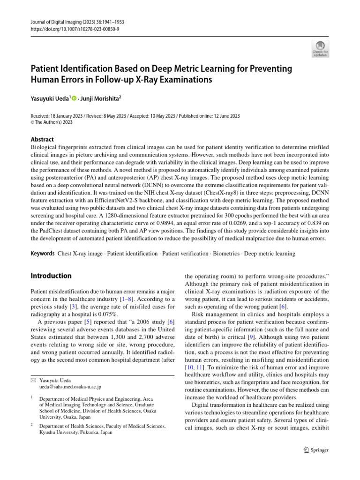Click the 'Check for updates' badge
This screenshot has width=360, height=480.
320,49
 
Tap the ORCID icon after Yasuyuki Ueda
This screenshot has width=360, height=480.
74,98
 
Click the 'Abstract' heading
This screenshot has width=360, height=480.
42,139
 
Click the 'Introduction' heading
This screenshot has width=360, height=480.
51,276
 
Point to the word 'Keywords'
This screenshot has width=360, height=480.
42,254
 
